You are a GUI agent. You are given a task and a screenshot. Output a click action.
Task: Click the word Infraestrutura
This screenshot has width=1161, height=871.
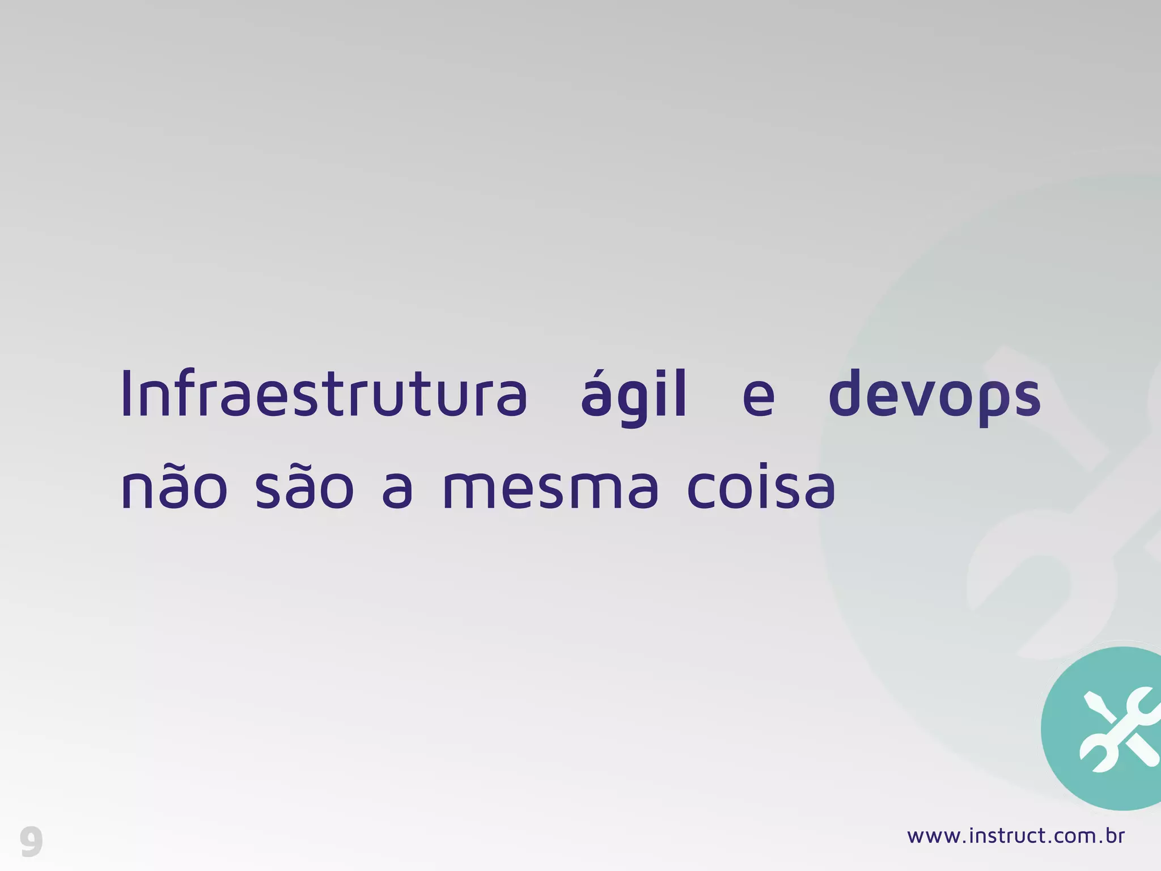point(324,394)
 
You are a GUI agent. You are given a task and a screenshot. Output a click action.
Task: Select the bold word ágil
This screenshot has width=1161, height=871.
point(633,394)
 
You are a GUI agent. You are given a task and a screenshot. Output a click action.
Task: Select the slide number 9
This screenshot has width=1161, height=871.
point(31,842)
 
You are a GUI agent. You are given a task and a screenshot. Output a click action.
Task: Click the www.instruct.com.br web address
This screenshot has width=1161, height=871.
point(1015,836)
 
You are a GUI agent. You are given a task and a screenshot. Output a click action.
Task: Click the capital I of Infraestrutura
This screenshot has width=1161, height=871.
point(126,394)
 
